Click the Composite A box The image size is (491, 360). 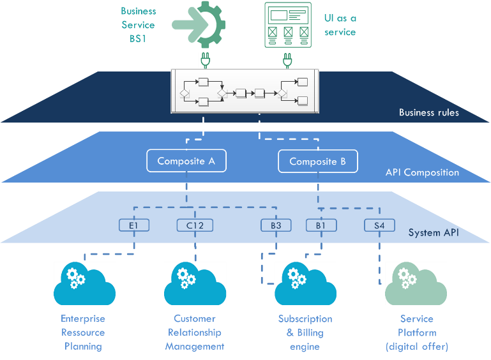[x=186, y=161]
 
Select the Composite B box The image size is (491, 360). [x=317, y=161]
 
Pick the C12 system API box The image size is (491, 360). [x=195, y=225]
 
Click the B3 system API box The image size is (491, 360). [x=276, y=225]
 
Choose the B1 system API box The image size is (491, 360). [x=321, y=225]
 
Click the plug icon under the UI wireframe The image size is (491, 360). [x=286, y=61]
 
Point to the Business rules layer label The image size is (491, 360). [x=428, y=113]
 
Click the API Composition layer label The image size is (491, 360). [x=422, y=172]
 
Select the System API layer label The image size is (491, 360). [x=434, y=232]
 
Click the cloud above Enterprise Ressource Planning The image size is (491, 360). [x=84, y=284]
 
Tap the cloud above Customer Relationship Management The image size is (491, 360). [x=195, y=284]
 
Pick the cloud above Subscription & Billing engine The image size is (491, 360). [x=305, y=284]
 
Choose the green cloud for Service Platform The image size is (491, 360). [x=416, y=284]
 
